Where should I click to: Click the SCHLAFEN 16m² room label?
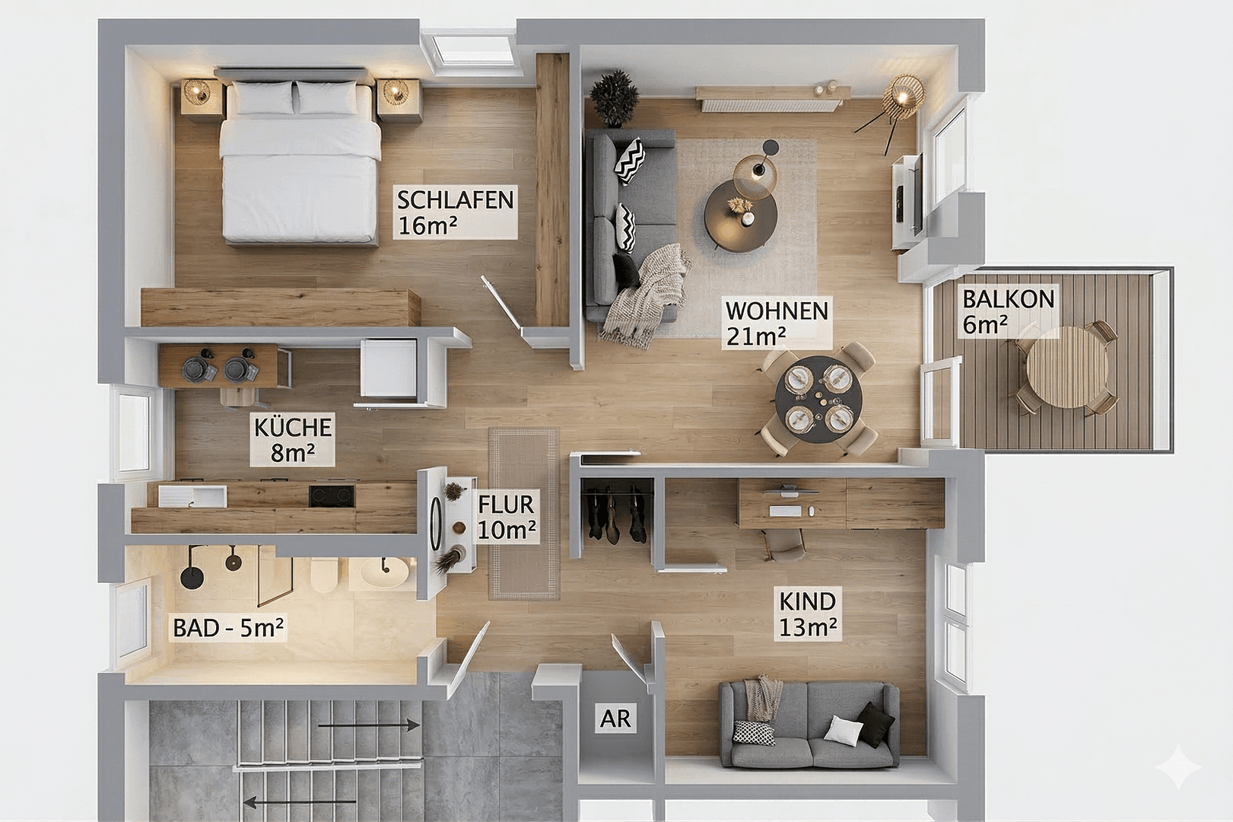pos(455,212)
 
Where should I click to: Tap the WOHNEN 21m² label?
pos(776,323)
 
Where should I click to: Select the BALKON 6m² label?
pos(1008,311)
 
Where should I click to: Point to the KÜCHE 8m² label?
pos(293,439)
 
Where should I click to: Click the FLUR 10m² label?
pos(506,517)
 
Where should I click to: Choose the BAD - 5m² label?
pos(228,628)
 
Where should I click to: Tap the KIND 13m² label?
pos(807,613)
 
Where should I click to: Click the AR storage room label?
pos(615,718)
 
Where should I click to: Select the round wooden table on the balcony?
pos(1066,368)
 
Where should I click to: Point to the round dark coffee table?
pos(740,215)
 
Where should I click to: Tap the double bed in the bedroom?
pos(300,167)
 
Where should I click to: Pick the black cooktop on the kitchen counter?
pos(332,495)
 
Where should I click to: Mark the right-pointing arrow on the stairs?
pos(369,725)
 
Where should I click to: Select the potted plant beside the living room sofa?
pos(613,97)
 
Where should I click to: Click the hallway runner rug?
pos(523,513)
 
